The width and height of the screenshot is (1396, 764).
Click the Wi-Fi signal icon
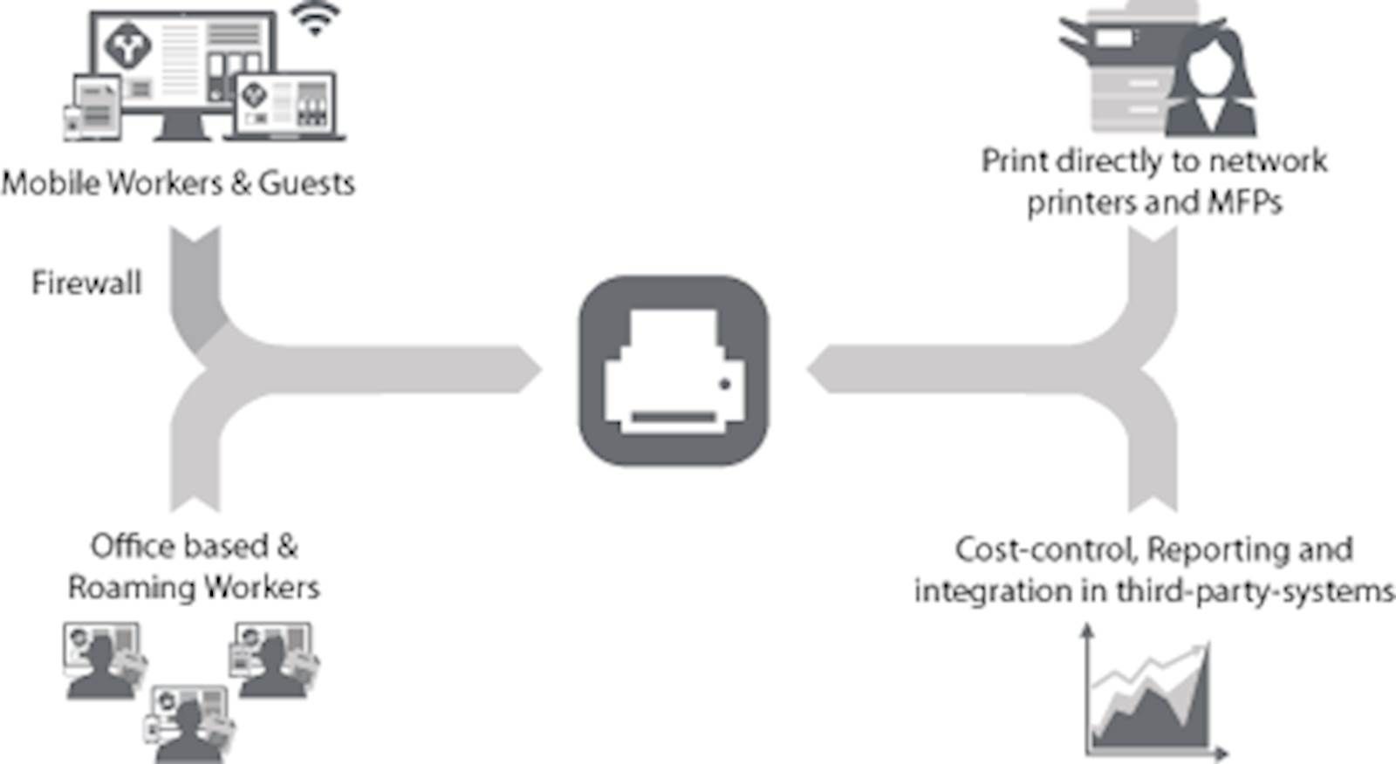315,18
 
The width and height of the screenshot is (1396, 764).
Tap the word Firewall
86,283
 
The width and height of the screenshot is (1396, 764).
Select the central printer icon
674,371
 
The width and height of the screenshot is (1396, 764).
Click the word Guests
306,183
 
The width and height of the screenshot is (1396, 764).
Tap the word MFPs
1244,202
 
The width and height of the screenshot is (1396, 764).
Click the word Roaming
132,589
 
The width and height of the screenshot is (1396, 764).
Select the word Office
133,547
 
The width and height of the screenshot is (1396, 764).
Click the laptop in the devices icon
284,106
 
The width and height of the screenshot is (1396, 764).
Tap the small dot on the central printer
725,385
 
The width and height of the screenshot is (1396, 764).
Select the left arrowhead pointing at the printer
528,370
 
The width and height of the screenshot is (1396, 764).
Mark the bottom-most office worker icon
188,725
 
